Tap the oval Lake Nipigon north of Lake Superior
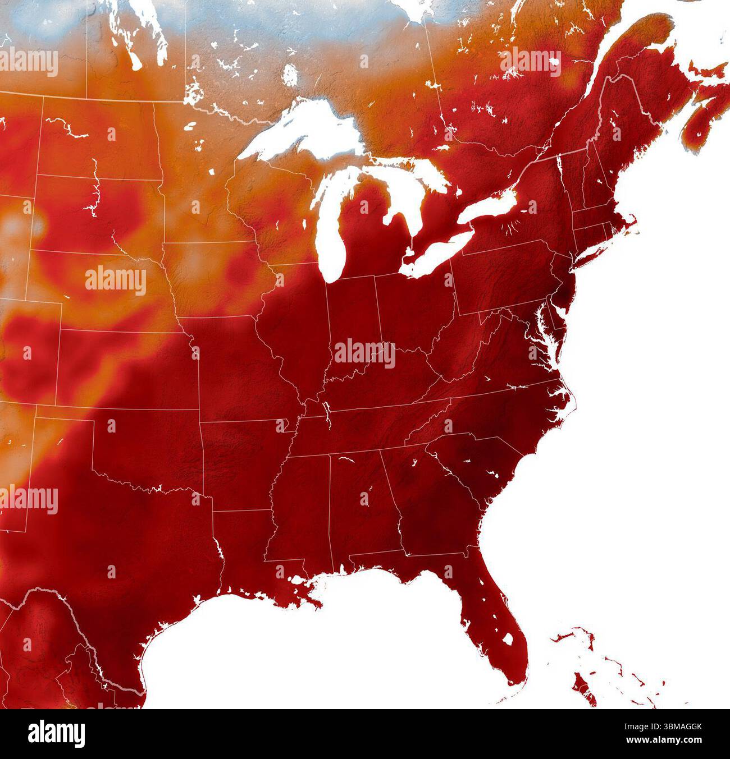pos(290,73)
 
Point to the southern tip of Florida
pos(514,682)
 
